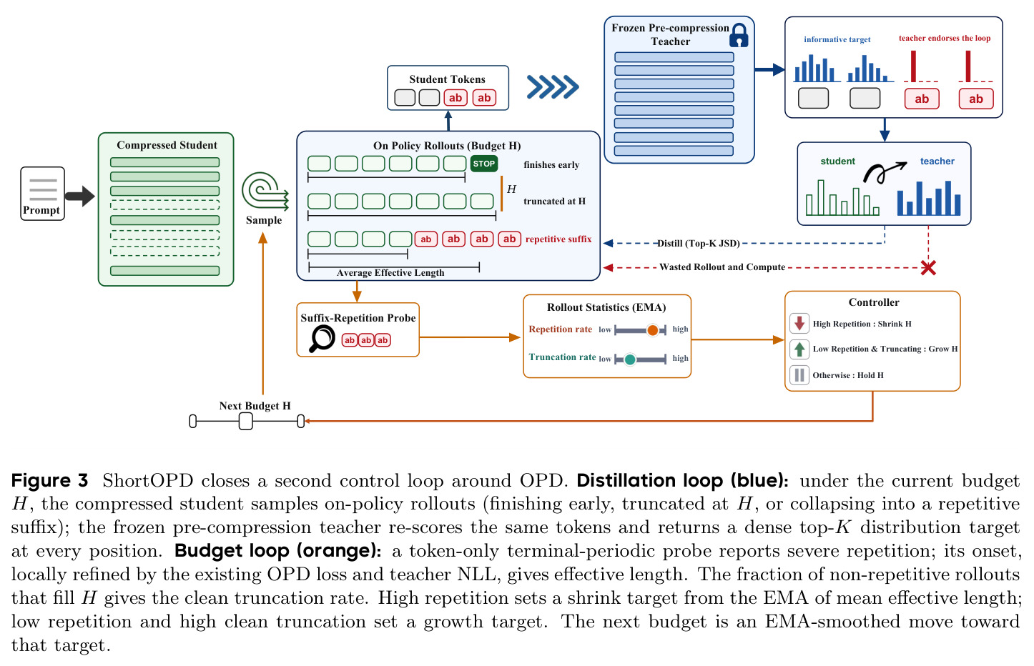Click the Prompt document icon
42,193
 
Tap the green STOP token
484,164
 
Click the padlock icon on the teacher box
739,35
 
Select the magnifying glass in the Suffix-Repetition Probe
321,339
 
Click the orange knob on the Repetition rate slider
652,329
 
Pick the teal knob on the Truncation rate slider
630,359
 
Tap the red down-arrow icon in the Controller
799,323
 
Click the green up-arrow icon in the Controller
799,349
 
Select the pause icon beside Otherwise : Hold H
799,375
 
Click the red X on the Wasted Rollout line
928,267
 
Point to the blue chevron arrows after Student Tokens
553,86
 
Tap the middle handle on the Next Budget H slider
245,421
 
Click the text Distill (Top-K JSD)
698,243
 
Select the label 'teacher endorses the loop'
945,39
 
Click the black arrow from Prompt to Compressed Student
80,196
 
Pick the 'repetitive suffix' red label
558,239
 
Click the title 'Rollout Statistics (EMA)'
606,307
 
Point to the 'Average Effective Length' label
390,272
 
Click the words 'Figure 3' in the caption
49,481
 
